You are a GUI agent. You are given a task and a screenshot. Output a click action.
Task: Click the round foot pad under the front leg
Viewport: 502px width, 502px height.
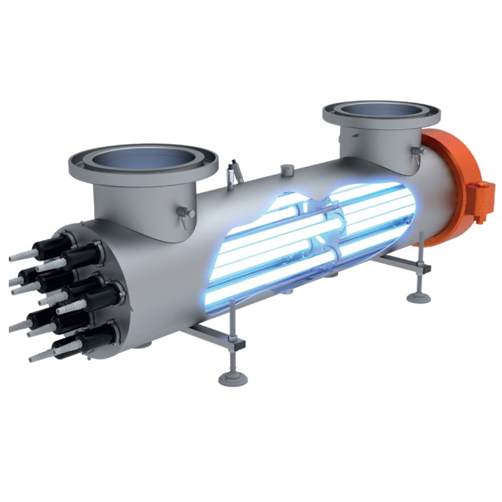(x=229, y=378)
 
